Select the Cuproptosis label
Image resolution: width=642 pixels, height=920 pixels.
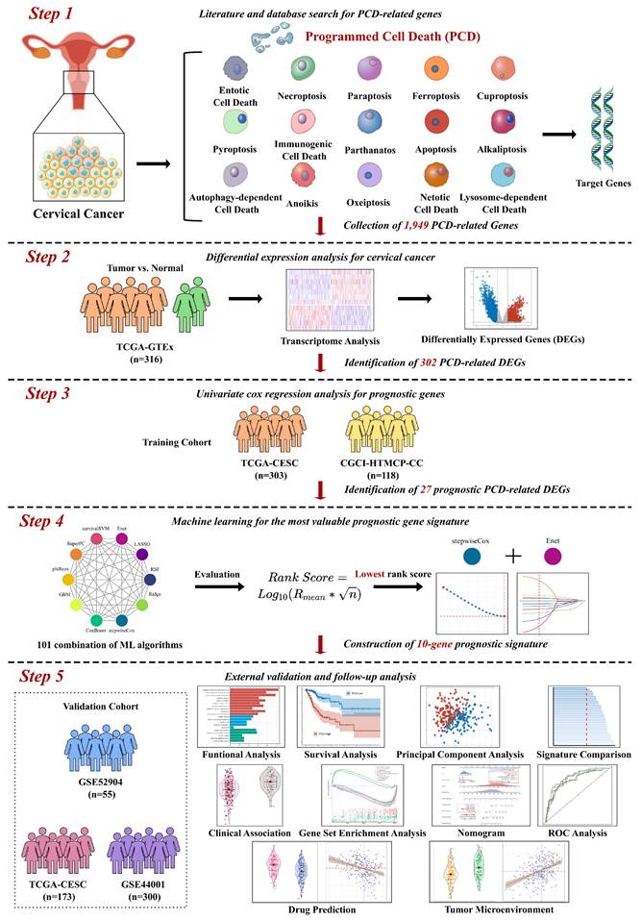pos(502,97)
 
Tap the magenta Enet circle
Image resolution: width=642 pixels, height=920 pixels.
pos(580,559)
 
